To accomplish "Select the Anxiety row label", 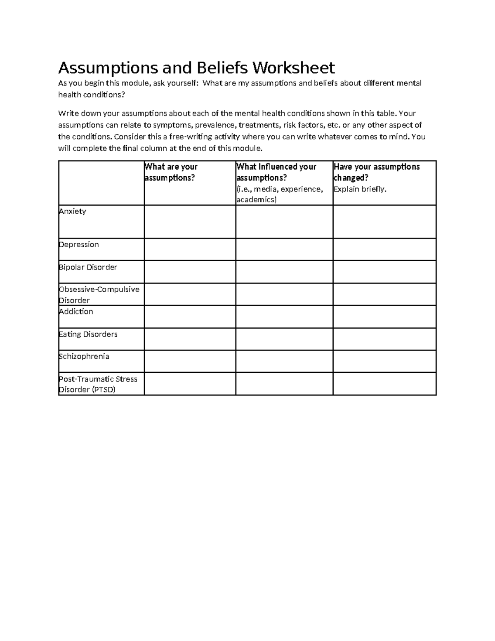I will tap(73, 211).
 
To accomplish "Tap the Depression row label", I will tap(79, 245).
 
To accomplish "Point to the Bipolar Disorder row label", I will tap(88, 267).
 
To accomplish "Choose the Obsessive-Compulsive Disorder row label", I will tap(99, 295).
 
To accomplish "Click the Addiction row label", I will tap(76, 312).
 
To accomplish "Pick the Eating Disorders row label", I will tap(88, 334).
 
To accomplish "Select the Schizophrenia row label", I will tap(84, 357).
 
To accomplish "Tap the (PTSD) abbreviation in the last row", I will tap(104, 390).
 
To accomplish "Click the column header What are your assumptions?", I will tap(171, 172).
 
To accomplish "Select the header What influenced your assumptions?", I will tap(276, 172).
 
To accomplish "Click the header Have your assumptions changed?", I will tap(376, 172).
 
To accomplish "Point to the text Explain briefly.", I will tap(360, 189).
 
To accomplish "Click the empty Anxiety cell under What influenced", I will tap(284, 222).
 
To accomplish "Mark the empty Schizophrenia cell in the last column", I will tap(384, 361).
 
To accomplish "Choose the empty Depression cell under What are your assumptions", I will tap(190, 249).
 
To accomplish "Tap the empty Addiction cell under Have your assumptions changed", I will tap(384, 317).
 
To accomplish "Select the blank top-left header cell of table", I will tap(101, 183).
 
